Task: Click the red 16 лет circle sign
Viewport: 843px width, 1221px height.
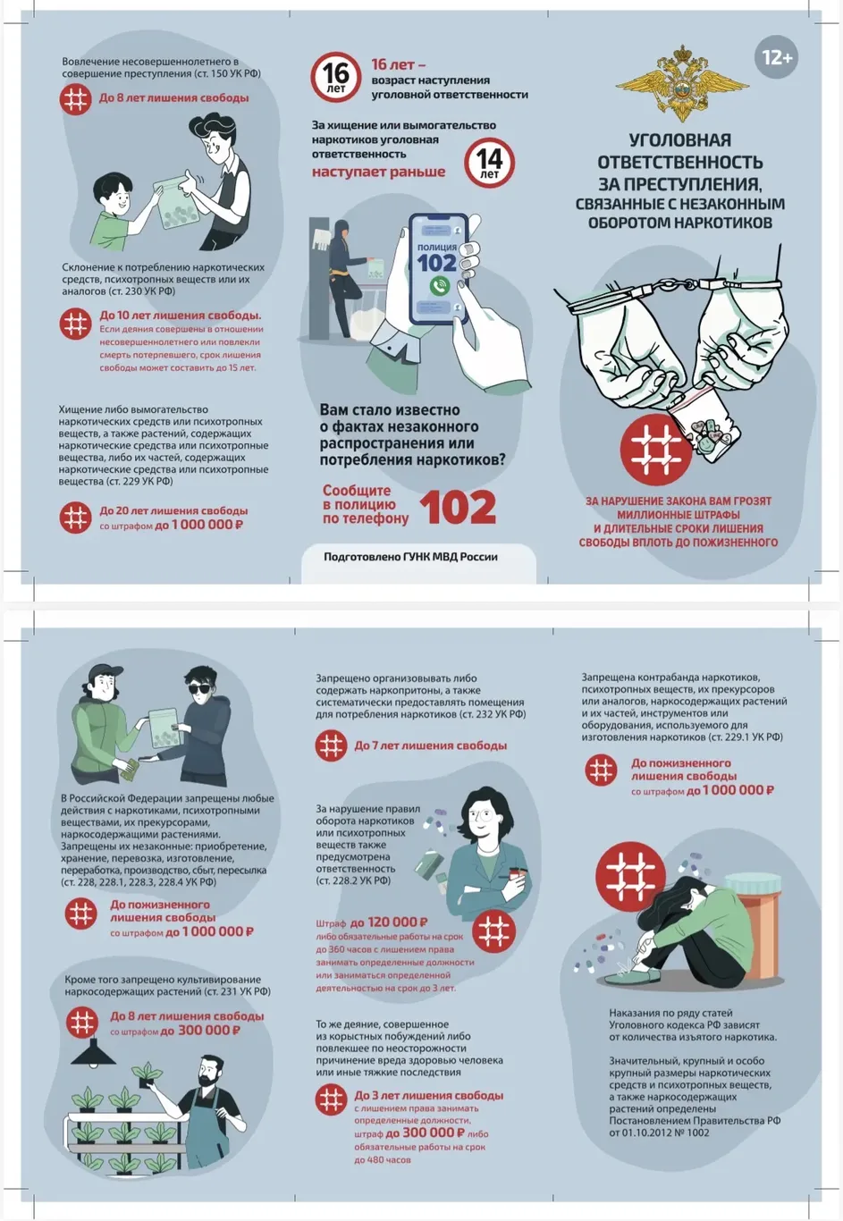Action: coord(335,77)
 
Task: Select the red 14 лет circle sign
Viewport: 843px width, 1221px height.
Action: coord(489,163)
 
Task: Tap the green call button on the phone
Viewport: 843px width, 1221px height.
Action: coord(439,286)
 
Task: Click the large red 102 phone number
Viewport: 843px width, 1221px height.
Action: coord(458,508)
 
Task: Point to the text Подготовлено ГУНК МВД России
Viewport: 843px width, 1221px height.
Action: coord(410,557)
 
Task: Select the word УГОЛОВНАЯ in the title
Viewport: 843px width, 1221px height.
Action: coord(680,140)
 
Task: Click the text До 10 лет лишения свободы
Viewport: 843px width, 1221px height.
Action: coord(181,316)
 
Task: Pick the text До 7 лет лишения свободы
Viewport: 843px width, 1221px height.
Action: coord(431,745)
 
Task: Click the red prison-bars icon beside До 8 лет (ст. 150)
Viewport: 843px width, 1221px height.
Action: coord(75,98)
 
